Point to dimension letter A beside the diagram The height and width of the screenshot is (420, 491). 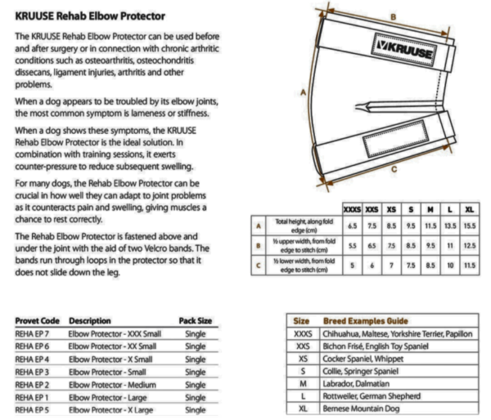pyautogui.click(x=304, y=92)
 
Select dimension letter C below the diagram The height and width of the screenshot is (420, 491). pyautogui.click(x=394, y=169)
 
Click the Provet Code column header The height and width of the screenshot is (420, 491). pyautogui.click(x=38, y=320)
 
